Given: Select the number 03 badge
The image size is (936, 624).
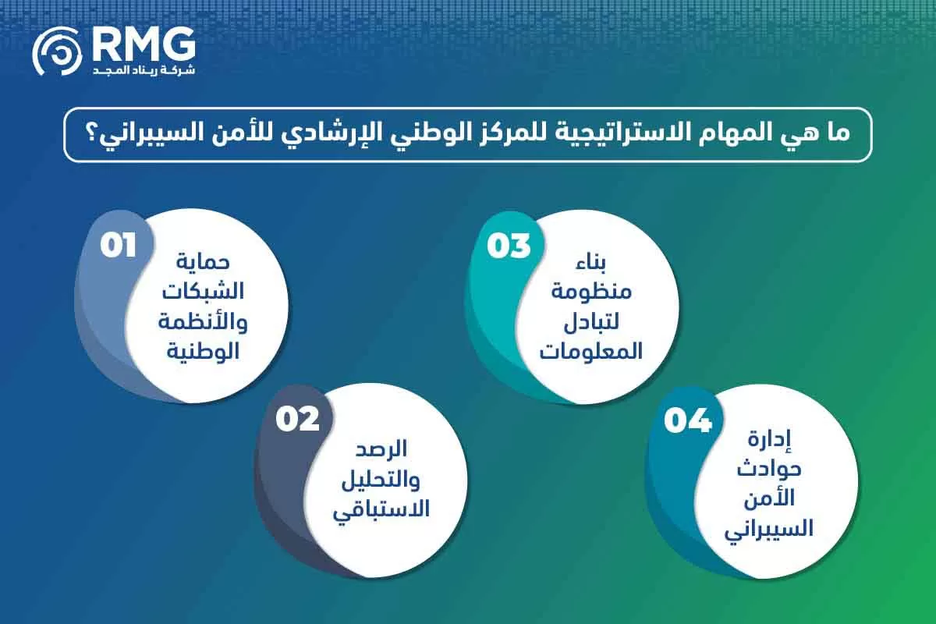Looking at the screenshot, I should [509, 246].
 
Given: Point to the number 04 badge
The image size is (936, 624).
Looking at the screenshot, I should [688, 421].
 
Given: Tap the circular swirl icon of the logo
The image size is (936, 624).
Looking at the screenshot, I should [57, 54].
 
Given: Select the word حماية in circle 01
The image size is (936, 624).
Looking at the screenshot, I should [203, 261].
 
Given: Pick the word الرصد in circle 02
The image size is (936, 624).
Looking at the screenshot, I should [382, 451].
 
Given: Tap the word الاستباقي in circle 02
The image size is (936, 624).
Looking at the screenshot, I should [382, 510].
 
